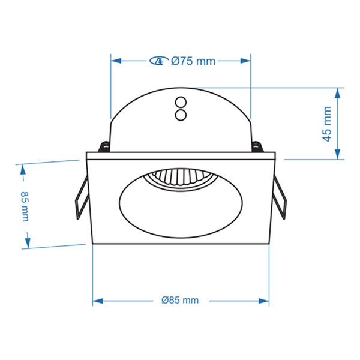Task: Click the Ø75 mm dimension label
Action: coord(193,61)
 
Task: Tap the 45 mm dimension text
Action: coord(327,124)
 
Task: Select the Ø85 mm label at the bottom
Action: coord(180,300)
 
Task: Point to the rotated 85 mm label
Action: coord(25,206)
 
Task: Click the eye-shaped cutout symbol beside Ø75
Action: coord(158,61)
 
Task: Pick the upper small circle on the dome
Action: coord(181,102)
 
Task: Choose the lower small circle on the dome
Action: coord(181,115)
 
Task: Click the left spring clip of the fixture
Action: coord(82,197)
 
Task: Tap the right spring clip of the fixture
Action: coord(280,198)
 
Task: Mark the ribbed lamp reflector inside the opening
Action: coord(181,179)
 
